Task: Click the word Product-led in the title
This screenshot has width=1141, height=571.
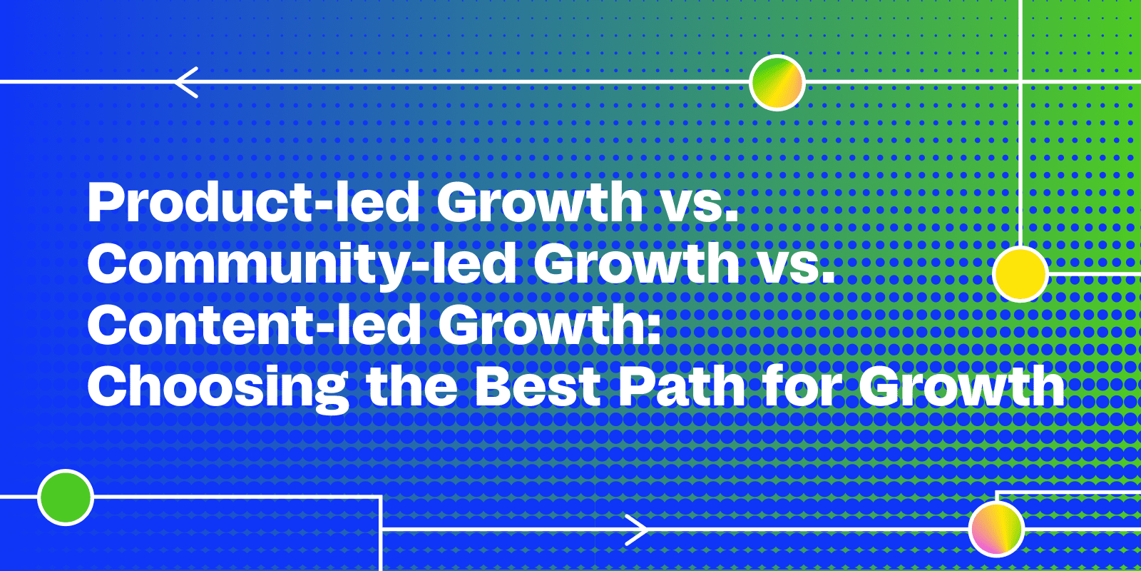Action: click(254, 203)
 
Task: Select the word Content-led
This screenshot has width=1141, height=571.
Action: click(254, 325)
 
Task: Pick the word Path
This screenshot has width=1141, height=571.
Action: click(682, 385)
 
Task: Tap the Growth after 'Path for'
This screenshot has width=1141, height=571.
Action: click(962, 385)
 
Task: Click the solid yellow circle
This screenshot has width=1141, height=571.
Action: click(1020, 274)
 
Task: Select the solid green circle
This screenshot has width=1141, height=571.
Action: click(66, 497)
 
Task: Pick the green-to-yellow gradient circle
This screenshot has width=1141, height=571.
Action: click(777, 83)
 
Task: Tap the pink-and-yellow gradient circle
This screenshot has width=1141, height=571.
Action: click(997, 529)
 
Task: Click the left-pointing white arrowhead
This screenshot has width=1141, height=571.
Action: click(185, 82)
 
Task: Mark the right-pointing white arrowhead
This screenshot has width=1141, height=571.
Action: click(637, 530)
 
